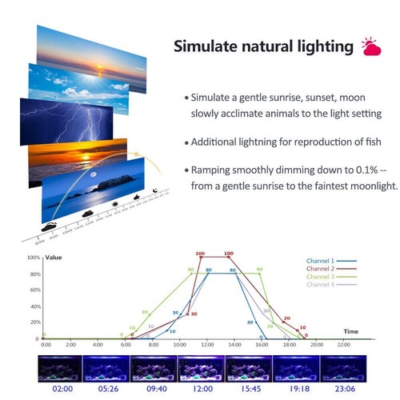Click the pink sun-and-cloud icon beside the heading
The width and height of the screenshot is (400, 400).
point(370,46)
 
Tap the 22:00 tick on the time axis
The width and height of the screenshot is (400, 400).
point(345,345)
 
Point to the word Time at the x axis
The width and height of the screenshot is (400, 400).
point(350,330)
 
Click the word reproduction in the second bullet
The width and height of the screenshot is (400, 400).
point(294,142)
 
